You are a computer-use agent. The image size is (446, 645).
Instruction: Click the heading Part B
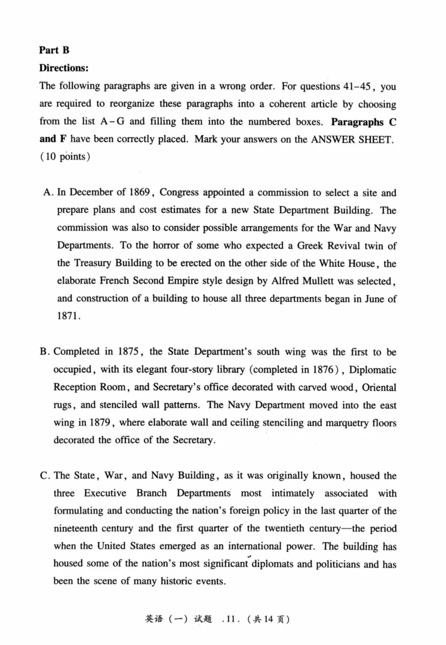pyautogui.click(x=54, y=50)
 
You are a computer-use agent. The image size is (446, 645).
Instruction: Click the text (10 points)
pyautogui.click(x=64, y=157)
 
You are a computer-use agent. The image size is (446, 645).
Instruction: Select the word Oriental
pyautogui.click(x=376, y=387)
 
